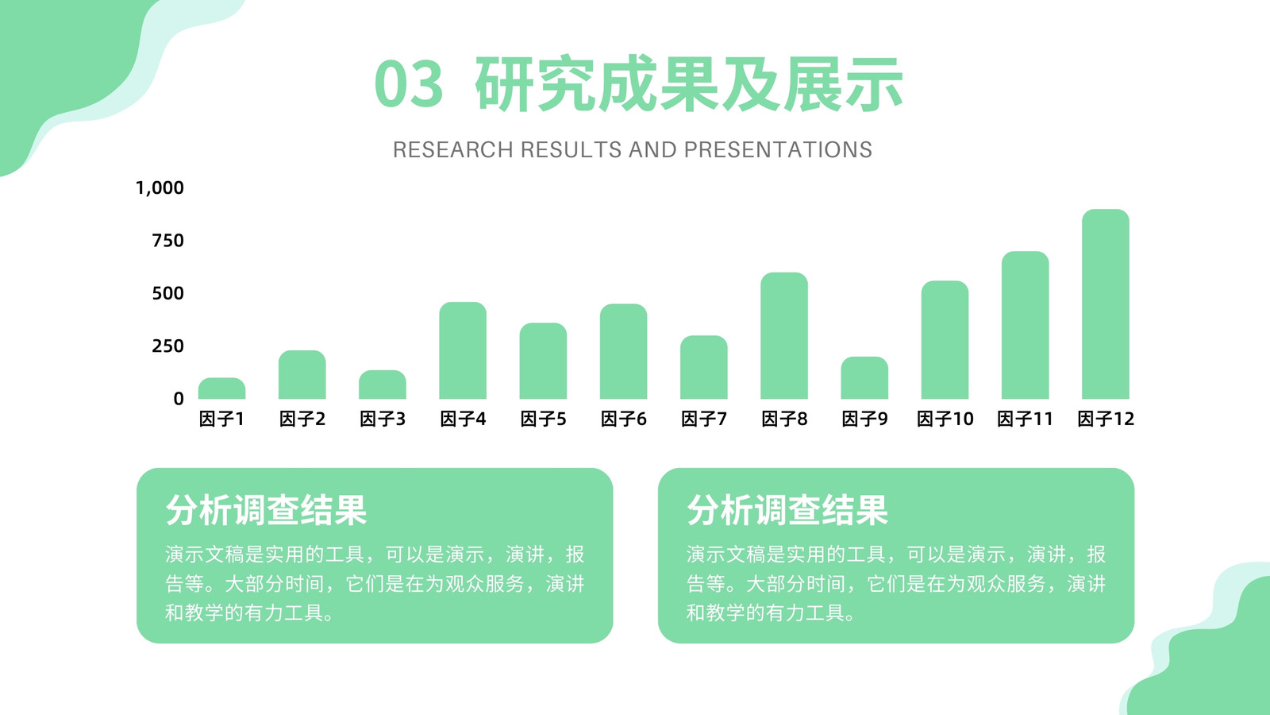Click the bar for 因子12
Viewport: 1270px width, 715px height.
click(1106, 303)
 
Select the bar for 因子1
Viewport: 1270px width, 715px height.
click(221, 388)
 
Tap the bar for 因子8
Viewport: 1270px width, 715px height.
click(784, 335)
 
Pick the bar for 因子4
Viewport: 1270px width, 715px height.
click(463, 350)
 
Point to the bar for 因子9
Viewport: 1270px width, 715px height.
click(864, 377)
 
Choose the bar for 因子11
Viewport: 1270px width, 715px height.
click(1025, 325)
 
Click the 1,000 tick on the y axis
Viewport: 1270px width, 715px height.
click(160, 187)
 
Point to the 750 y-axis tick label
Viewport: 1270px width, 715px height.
click(167, 241)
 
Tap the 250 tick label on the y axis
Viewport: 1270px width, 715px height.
click(167, 346)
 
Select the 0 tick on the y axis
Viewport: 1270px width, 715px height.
click(179, 399)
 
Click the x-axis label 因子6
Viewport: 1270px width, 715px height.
click(624, 419)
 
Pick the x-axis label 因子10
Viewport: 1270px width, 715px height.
click(945, 419)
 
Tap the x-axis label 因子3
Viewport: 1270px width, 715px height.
click(383, 419)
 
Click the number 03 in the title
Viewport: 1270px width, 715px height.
click(409, 84)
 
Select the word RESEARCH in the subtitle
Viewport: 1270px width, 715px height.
click(453, 150)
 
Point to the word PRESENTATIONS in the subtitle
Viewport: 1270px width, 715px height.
click(778, 150)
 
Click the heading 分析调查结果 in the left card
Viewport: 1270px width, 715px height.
click(266, 510)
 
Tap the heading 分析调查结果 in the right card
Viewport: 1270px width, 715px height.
click(787, 510)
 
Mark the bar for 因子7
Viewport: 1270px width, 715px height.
click(703, 367)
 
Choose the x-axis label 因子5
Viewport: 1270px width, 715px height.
click(543, 419)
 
